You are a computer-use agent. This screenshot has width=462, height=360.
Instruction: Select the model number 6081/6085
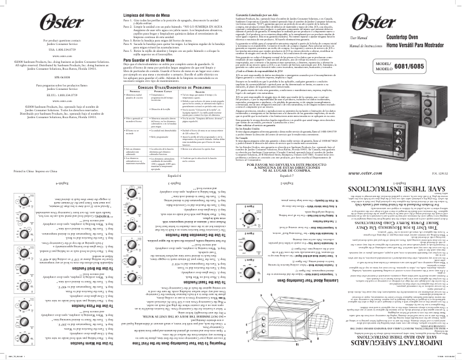coord(432,82)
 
